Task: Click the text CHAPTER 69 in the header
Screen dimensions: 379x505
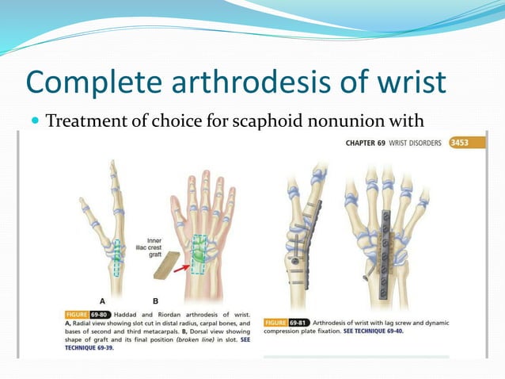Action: coord(370,144)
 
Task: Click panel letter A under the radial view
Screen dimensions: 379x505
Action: coord(102,301)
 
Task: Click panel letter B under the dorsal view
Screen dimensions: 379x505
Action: coord(155,301)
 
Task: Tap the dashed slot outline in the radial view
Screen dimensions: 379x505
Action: coord(117,257)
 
